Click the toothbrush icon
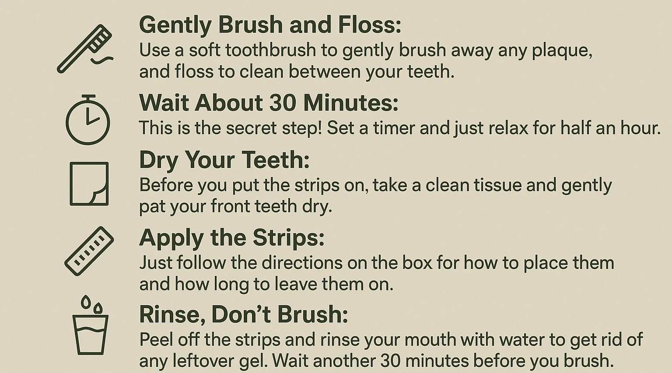[x=84, y=49]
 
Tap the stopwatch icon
[x=87, y=120]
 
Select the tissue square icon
[x=89, y=184]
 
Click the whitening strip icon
[x=89, y=251]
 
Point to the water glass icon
[x=90, y=325]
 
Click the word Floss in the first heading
[x=369, y=24]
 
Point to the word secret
[x=251, y=128]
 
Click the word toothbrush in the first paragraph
[x=271, y=50]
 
